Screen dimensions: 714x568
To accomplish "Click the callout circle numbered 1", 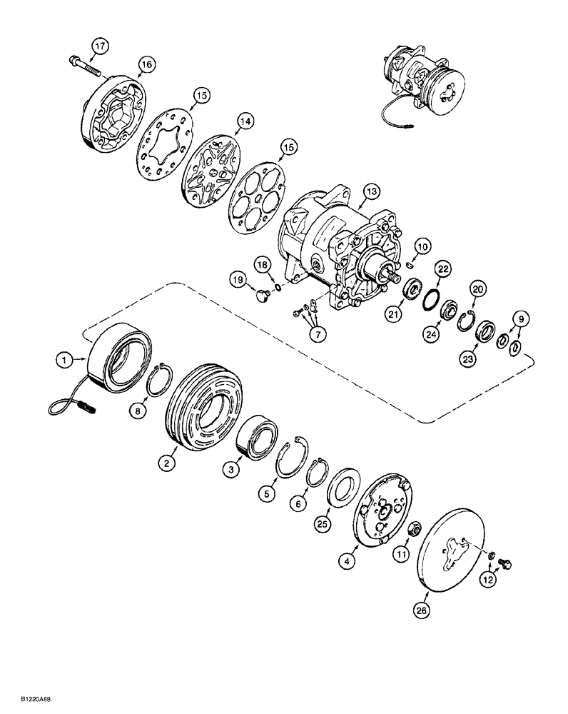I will pyautogui.click(x=65, y=362).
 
